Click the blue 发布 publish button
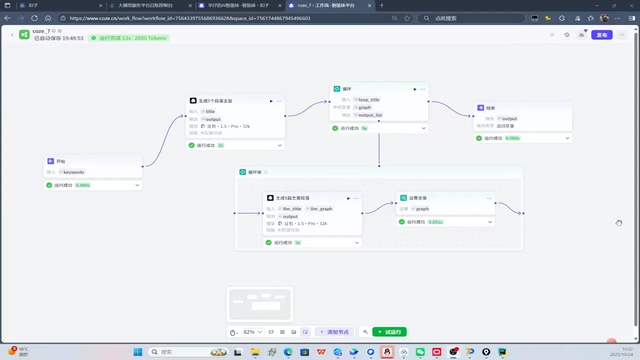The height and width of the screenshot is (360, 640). click(601, 35)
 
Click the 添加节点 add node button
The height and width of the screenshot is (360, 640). click(334, 332)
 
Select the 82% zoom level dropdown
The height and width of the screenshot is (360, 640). click(252, 332)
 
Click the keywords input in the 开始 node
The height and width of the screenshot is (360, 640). click(73, 172)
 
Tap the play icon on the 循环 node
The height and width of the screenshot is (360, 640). click(414, 89)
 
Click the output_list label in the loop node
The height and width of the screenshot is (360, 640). click(370, 115)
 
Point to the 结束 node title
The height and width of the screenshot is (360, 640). click(490, 107)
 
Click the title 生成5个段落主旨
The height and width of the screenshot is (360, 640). click(215, 101)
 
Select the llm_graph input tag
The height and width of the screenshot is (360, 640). click(321, 209)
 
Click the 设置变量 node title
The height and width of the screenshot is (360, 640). click(418, 198)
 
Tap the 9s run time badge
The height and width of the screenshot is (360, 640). click(364, 128)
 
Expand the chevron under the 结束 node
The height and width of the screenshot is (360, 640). click(567, 138)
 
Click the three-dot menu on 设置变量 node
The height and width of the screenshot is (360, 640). click(489, 198)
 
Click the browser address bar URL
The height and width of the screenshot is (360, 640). click(190, 18)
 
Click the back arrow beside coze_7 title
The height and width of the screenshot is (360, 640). click(12, 34)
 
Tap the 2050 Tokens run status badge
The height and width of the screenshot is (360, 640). click(129, 38)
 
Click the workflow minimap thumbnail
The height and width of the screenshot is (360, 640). click(259, 304)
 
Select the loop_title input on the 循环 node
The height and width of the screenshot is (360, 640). click(369, 99)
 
